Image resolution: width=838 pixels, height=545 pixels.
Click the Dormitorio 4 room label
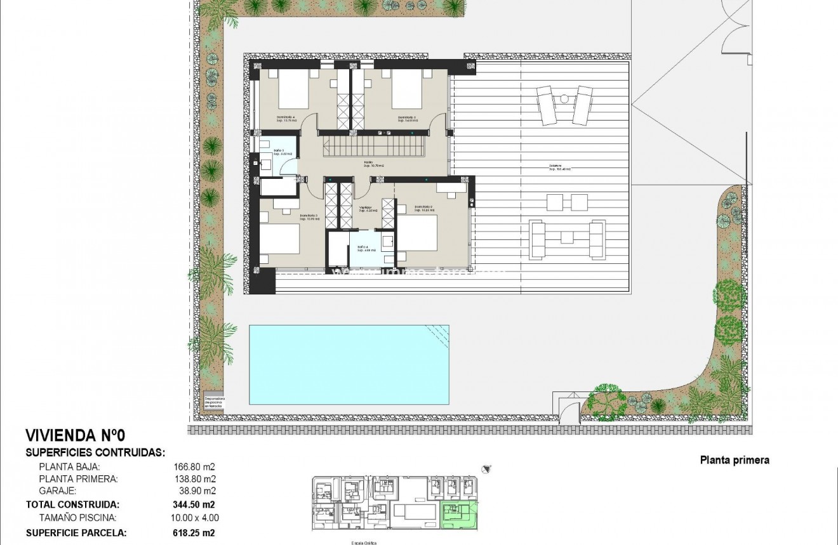[x=286, y=119]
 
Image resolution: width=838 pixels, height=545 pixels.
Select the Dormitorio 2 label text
[x=423, y=209]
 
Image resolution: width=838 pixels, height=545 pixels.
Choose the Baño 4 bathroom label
[x=362, y=249]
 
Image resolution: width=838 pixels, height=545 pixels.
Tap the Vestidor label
[x=365, y=209]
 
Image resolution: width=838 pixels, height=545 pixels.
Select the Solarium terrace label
[x=560, y=168]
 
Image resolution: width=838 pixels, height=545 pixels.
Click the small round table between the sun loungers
[x=564, y=98]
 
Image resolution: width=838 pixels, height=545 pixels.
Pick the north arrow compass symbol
[x=486, y=469]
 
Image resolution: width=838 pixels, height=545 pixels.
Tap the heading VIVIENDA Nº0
[x=76, y=435]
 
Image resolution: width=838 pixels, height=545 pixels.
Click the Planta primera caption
[x=735, y=461]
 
